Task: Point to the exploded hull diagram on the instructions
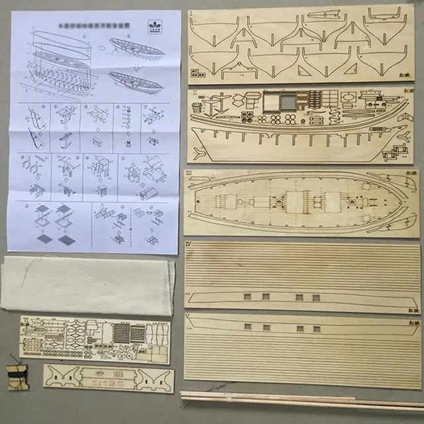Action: (x=60, y=66)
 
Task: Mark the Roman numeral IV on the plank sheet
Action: (x=191, y=245)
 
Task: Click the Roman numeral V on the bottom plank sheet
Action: (x=191, y=317)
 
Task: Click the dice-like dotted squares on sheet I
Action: (x=197, y=72)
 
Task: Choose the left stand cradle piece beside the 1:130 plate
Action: (x=64, y=377)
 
